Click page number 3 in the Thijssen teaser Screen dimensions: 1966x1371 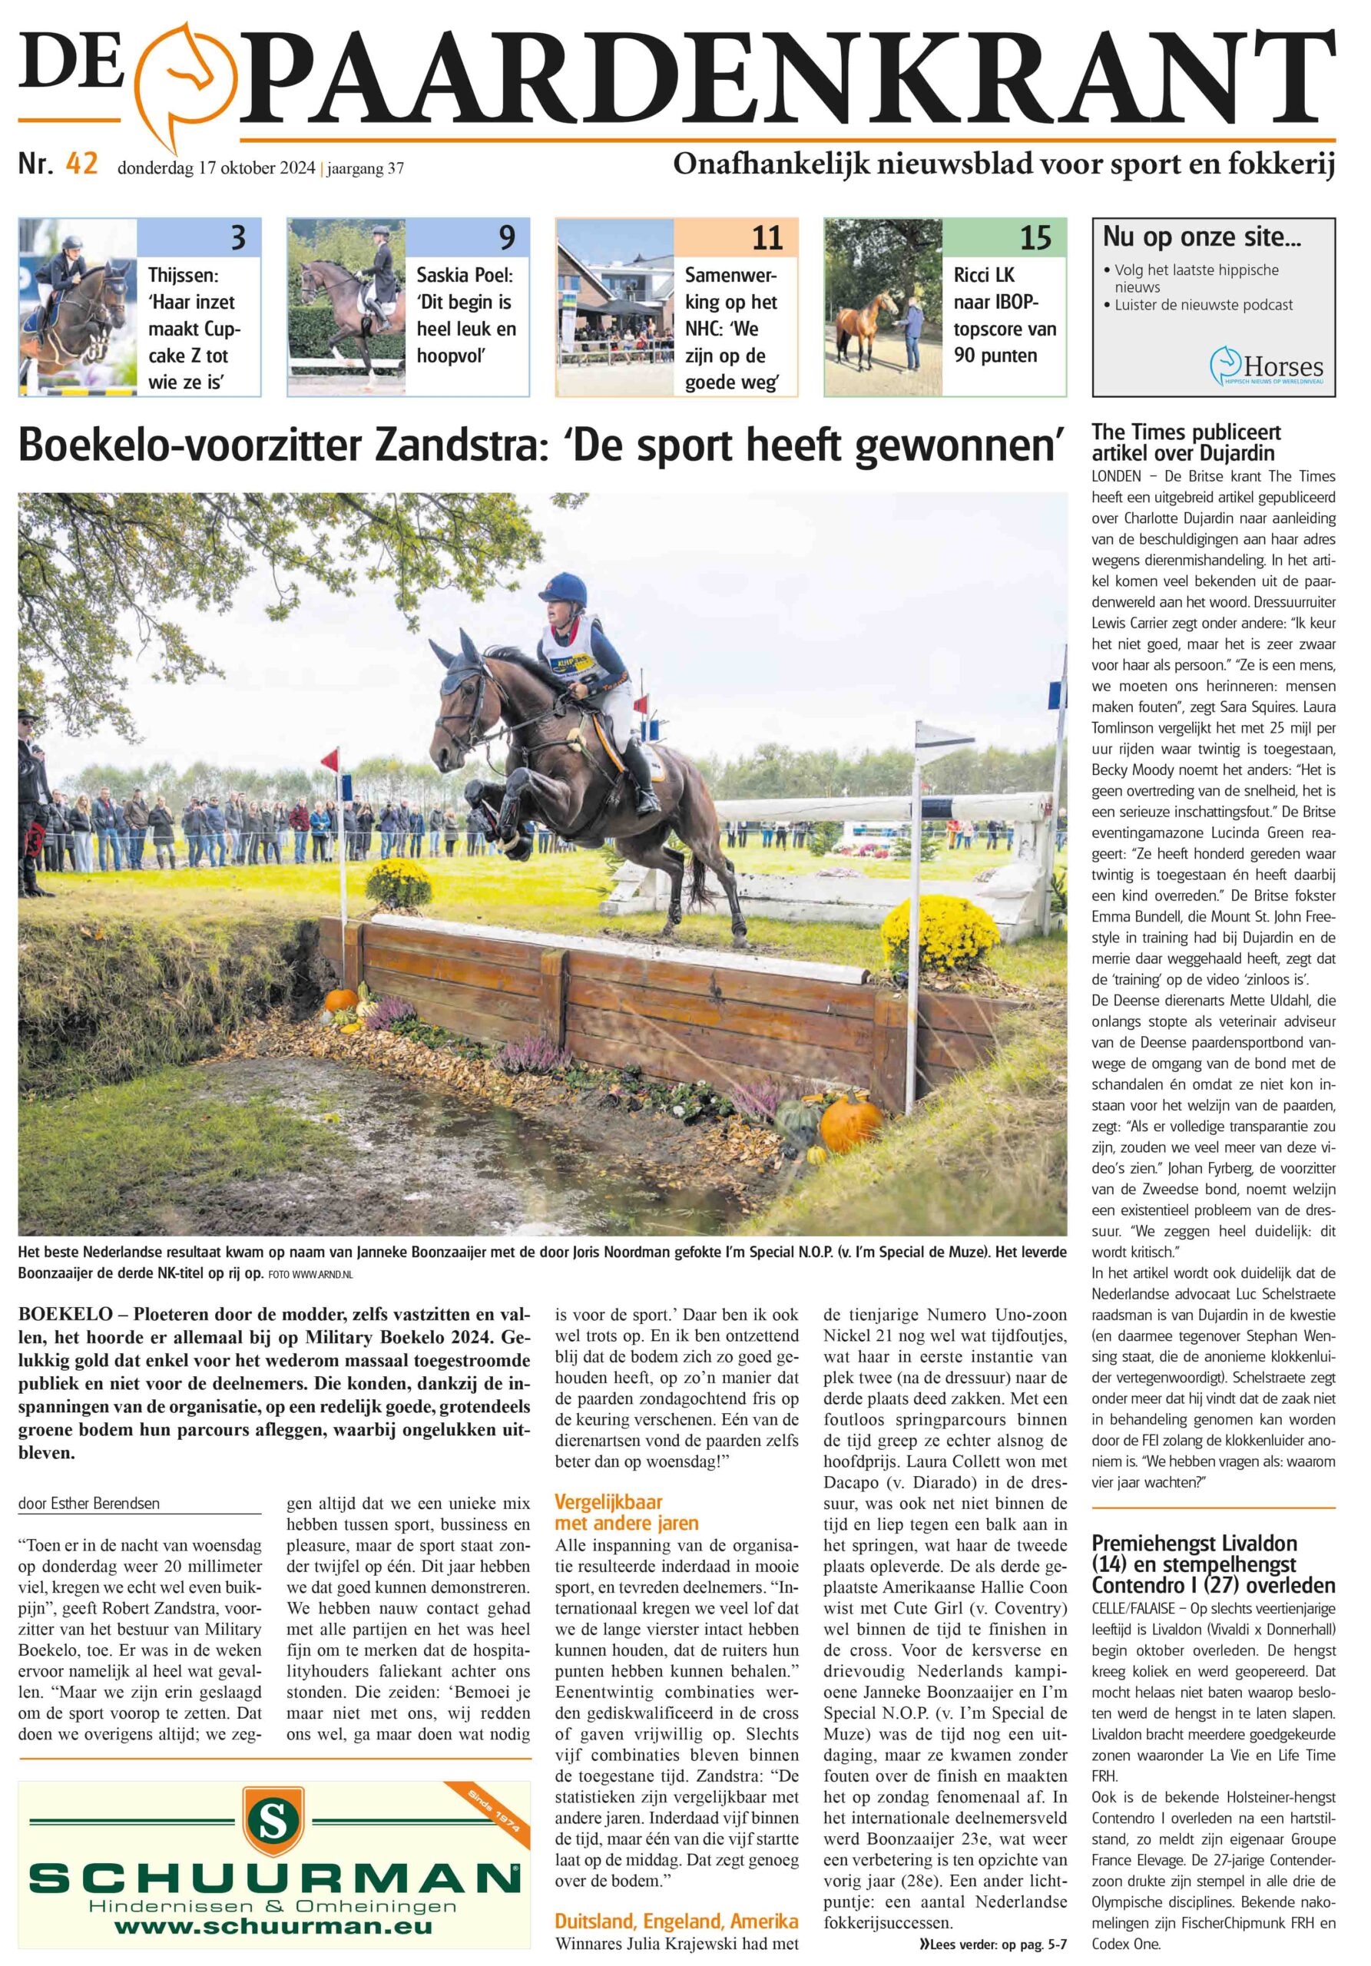(239, 237)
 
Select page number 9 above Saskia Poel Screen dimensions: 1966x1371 (507, 237)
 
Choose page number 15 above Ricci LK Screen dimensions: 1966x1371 (1035, 237)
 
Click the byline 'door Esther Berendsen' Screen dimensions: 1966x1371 (88, 1503)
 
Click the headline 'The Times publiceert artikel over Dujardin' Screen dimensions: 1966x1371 (1186, 442)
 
